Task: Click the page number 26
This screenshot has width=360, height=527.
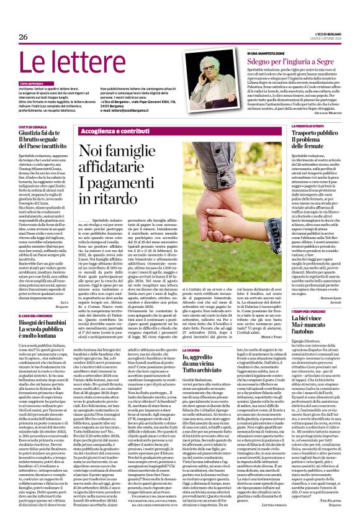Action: click(x=24, y=37)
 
